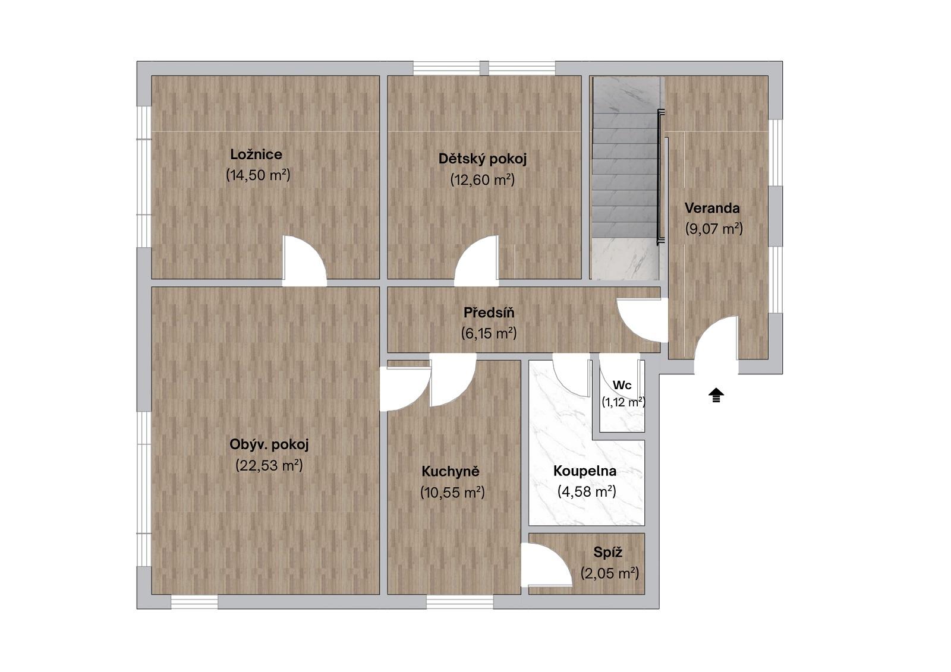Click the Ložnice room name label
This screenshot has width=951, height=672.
tap(256, 154)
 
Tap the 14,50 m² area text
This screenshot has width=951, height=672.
tap(258, 175)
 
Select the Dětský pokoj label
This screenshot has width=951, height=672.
tap(483, 159)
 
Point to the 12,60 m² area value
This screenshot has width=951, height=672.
tap(483, 180)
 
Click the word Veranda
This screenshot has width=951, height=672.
tap(713, 209)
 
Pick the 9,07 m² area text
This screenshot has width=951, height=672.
tap(714, 229)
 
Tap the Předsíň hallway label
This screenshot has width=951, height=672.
tap(489, 313)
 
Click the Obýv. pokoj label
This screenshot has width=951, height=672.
tap(269, 445)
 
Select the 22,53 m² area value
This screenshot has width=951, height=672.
tap(269, 466)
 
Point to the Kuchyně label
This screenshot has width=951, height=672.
tap(451, 471)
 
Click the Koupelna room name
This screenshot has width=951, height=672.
tap(585, 471)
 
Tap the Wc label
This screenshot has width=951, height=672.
tap(622, 386)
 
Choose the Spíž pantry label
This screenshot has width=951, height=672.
tap(608, 553)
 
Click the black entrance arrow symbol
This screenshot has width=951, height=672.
tap(716, 395)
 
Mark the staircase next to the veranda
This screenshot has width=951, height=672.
tap(625, 178)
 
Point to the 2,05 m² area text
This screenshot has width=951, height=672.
tap(610, 573)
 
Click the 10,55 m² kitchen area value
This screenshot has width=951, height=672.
tap(452, 493)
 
